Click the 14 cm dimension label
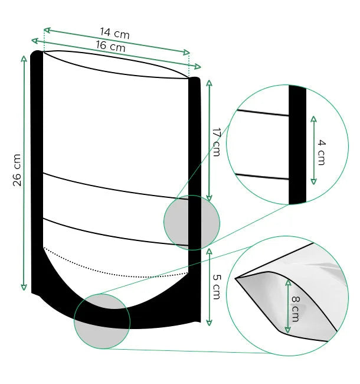[x=114, y=34]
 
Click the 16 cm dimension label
[x=110, y=46]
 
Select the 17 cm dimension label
[x=216, y=141]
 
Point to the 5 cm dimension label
[x=215, y=286]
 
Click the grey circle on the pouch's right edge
[x=191, y=223]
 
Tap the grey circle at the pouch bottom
[x=102, y=321]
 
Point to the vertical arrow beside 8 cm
[x=287, y=307]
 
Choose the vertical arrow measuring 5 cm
[x=208, y=286]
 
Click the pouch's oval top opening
[x=116, y=64]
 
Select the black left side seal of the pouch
[x=37, y=171]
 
